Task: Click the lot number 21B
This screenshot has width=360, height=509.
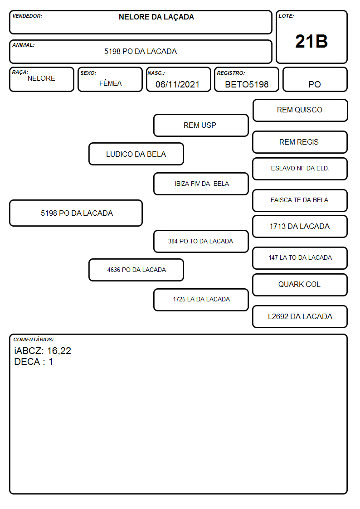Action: tap(311, 41)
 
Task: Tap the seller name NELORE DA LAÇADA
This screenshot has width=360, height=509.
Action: tap(156, 17)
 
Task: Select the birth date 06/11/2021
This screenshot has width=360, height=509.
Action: tap(177, 84)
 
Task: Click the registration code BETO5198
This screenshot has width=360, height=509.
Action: tap(247, 84)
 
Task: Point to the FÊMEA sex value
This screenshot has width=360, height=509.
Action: tap(110, 83)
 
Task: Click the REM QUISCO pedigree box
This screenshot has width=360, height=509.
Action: tap(300, 111)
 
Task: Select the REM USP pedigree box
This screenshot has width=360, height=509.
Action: tap(201, 125)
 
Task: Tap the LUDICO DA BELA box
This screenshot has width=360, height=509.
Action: tap(136, 154)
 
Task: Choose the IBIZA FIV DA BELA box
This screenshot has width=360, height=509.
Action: tap(201, 184)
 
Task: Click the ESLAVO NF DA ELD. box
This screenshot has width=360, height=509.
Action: tap(300, 169)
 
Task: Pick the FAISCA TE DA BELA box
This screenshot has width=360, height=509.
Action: tap(300, 201)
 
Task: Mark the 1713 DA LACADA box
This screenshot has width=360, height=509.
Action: tap(300, 227)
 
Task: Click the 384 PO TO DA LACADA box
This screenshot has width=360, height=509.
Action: tap(201, 241)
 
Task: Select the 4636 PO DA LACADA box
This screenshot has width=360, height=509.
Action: tap(136, 270)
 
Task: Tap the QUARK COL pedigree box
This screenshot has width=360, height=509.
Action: tap(300, 285)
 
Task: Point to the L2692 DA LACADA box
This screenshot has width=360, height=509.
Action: tap(300, 316)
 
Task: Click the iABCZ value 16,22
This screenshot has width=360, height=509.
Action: tap(59, 351)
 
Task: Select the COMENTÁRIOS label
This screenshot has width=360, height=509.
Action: tap(34, 339)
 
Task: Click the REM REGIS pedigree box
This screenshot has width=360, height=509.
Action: tap(300, 142)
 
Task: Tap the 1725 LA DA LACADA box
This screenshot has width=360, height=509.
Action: tap(201, 300)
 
